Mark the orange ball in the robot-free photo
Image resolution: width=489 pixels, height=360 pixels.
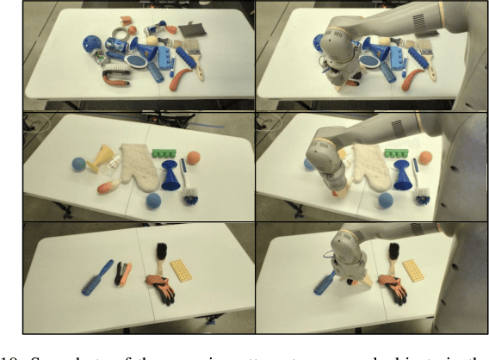click(195, 158)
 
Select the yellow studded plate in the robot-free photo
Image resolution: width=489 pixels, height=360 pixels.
click(183, 272)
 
